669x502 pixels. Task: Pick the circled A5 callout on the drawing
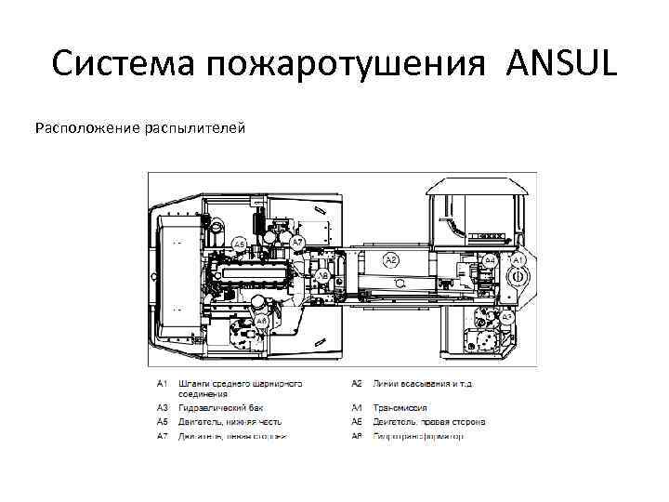[239, 244]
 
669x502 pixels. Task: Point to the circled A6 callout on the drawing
[322, 275]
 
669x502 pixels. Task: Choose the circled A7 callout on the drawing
[297, 243]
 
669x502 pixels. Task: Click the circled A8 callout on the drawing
[263, 321]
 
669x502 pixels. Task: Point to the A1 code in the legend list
[162, 382]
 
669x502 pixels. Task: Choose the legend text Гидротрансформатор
[418, 435]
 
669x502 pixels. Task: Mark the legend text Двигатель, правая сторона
[428, 421]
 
